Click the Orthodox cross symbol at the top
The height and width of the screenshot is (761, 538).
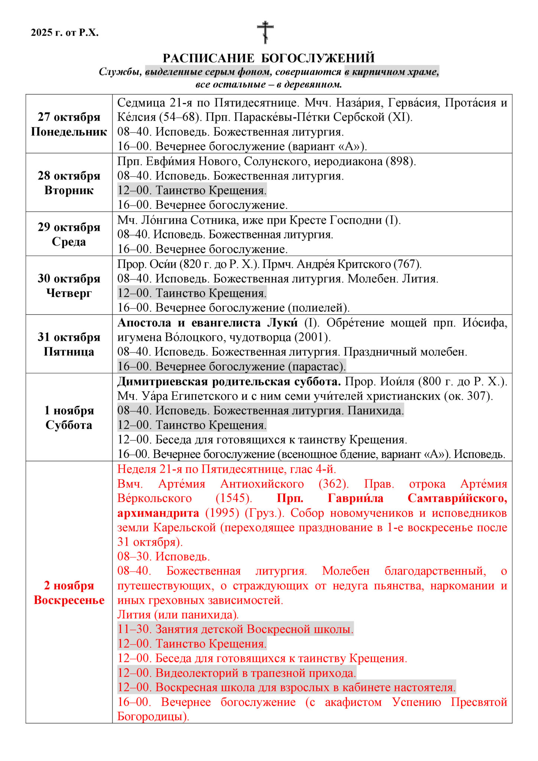pyautogui.click(x=265, y=32)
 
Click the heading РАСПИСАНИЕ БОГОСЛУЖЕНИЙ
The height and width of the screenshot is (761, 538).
pyautogui.click(x=269, y=58)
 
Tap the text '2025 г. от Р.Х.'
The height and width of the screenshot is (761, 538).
pyautogui.click(x=65, y=33)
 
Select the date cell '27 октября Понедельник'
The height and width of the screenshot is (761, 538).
pyautogui.click(x=69, y=124)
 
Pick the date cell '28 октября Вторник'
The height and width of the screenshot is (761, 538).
pyautogui.click(x=69, y=183)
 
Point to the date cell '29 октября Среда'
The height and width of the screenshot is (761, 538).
pyautogui.click(x=69, y=234)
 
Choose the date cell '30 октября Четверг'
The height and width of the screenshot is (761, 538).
pyautogui.click(x=69, y=285)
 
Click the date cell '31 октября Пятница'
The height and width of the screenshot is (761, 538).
pyautogui.click(x=69, y=344)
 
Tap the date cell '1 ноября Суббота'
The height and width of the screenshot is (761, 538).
pyautogui.click(x=69, y=418)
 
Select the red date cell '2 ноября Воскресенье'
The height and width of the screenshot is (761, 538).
pyautogui.click(x=69, y=593)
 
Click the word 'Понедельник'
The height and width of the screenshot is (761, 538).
pyautogui.click(x=69, y=132)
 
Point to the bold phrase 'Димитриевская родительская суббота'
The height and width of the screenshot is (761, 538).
pyautogui.click(x=229, y=382)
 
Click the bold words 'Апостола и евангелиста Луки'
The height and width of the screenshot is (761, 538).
pyautogui.click(x=208, y=323)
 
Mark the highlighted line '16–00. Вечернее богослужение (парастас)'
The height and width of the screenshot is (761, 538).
pyautogui.click(x=231, y=366)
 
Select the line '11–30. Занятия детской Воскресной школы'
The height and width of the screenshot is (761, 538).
pyautogui.click(x=235, y=629)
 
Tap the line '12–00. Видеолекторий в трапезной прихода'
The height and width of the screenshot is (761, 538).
pyautogui.click(x=237, y=673)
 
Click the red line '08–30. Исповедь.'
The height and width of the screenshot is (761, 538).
pyautogui.click(x=163, y=556)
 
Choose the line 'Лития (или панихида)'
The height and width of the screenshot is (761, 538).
pyautogui.click(x=178, y=615)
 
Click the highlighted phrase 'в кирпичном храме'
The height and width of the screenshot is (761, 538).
pyautogui.click(x=392, y=72)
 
